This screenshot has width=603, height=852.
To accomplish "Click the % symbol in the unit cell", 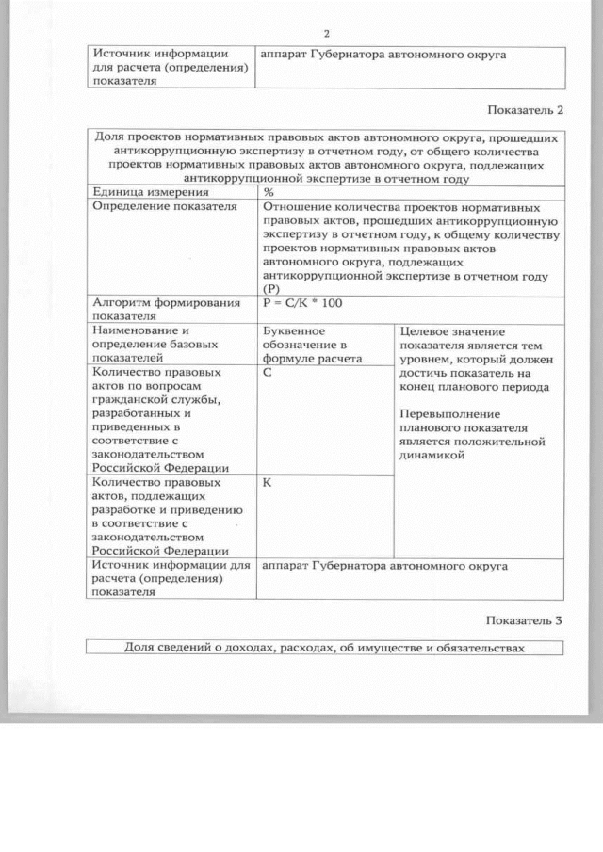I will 269,191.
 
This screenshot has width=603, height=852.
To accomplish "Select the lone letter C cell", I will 269,373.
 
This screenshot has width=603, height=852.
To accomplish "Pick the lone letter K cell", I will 269,482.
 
